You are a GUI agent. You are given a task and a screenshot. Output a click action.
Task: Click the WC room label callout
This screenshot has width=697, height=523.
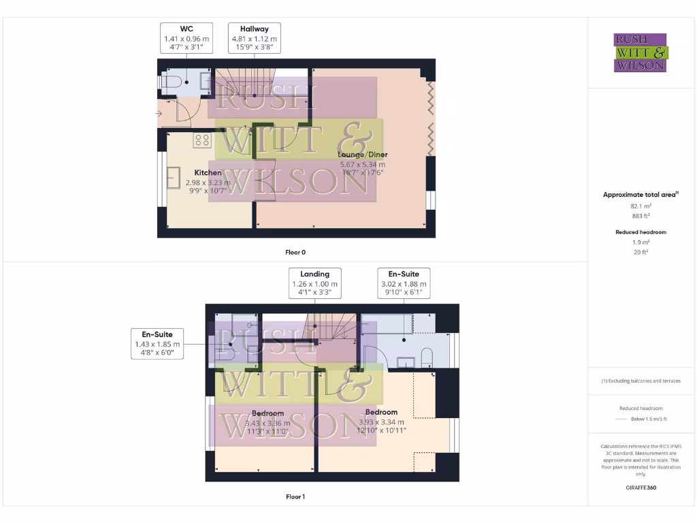pos(187,38)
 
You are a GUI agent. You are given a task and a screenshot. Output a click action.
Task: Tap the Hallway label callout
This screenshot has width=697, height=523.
pos(254,38)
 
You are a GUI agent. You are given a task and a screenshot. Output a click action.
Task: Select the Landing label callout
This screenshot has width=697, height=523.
pos(314,283)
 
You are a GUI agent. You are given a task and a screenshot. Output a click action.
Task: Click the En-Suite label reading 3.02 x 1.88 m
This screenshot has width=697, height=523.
pos(404,283)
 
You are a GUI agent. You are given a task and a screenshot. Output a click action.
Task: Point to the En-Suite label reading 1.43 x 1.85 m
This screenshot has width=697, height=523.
pos(157,344)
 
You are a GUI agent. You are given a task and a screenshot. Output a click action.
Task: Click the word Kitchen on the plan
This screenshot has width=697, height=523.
pos(208,173)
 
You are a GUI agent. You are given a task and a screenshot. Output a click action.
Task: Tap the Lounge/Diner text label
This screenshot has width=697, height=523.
pos(363,155)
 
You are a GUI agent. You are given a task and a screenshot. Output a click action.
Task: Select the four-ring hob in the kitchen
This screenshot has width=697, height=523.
pos(202,140)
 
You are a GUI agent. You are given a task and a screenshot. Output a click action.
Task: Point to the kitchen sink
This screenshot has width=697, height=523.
pos(174,178)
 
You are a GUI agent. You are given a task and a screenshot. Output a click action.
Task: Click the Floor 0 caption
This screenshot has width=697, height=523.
pos(295,253)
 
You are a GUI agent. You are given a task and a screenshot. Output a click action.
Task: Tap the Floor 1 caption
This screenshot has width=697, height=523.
pos(295,497)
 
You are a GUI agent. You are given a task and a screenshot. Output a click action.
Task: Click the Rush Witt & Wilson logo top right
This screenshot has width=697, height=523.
pos(641,53)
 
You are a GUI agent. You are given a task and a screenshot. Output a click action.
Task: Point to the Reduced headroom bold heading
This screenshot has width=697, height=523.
pos(641,232)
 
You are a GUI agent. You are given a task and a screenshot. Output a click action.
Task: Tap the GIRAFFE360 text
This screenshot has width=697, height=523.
pos(641,488)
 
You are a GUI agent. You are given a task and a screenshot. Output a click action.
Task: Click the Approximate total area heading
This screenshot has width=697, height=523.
pos(640,195)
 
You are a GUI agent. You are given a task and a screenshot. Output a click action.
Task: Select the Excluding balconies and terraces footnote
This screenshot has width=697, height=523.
pos(641,381)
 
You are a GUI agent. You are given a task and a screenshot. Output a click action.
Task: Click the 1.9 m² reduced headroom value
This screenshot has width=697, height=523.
pos(640,242)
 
